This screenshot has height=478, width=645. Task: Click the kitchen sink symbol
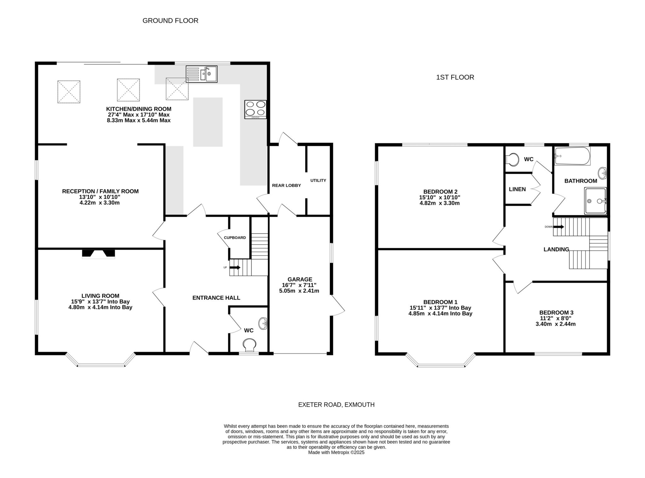pyautogui.click(x=202, y=74)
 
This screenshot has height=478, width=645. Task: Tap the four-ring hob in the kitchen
pyautogui.click(x=255, y=109)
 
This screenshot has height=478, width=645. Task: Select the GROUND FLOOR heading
pyautogui.click(x=170, y=21)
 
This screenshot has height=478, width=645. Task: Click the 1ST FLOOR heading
pyautogui.click(x=455, y=77)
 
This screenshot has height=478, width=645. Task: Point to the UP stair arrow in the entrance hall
pyautogui.click(x=235, y=268)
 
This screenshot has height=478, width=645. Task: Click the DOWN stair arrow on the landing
pyautogui.click(x=559, y=227)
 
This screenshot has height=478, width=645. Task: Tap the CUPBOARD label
pyautogui.click(x=235, y=238)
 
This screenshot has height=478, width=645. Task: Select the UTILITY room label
pyautogui.click(x=318, y=181)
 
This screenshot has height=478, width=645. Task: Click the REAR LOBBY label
pyautogui.click(x=287, y=186)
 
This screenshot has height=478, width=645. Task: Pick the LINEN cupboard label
pyautogui.click(x=517, y=189)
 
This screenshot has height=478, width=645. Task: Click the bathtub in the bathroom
pyautogui.click(x=573, y=156)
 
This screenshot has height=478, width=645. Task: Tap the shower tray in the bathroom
pyautogui.click(x=595, y=201)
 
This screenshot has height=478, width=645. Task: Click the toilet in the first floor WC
pyautogui.click(x=513, y=159)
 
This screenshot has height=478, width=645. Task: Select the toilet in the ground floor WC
pyautogui.click(x=249, y=345)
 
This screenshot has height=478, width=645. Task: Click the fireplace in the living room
pyautogui.click(x=99, y=254)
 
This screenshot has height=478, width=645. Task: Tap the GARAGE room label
pyautogui.click(x=300, y=280)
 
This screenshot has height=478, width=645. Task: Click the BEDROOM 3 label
pyautogui.click(x=556, y=313)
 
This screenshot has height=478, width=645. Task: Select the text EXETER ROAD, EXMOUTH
pyautogui.click(x=336, y=405)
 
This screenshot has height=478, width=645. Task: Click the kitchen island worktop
pyautogui.click(x=208, y=122)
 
